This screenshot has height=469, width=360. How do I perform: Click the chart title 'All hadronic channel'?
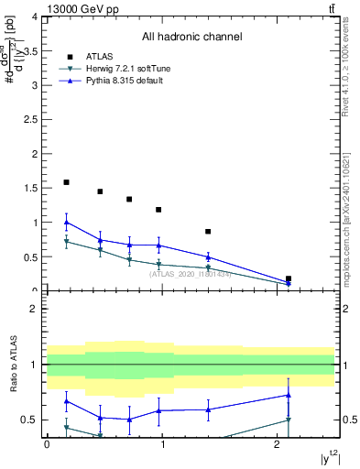click(191, 37)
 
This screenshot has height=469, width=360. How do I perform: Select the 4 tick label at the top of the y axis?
click(35, 17)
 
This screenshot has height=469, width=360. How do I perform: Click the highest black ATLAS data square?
click(66, 182)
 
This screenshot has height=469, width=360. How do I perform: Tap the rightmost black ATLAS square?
click(289, 278)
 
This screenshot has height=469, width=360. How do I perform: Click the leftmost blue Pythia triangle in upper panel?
click(66, 222)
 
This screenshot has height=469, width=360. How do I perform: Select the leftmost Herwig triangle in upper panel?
click(66, 241)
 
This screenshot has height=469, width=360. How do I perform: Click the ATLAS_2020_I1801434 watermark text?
click(191, 274)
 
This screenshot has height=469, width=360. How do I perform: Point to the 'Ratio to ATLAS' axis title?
click(14, 364)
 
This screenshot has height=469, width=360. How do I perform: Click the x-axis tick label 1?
click(162, 443)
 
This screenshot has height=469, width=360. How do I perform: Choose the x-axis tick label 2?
click(277, 443)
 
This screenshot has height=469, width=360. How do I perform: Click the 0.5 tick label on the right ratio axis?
click(348, 420)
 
